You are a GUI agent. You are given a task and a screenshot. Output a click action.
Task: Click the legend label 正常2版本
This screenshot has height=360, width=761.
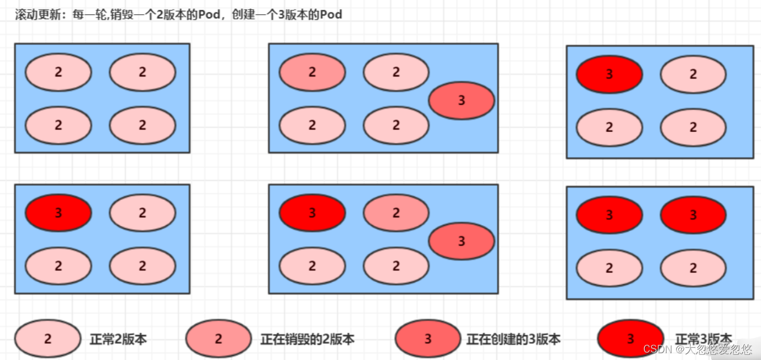(118, 339)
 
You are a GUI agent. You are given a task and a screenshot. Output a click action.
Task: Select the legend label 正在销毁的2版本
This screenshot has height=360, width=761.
(307, 339)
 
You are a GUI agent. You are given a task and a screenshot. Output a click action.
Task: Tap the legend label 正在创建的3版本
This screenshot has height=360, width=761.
(513, 339)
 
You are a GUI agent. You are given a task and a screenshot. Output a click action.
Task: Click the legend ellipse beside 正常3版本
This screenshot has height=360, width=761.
(630, 339)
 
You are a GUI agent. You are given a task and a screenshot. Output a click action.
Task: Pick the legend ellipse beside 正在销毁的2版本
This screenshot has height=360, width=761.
(218, 339)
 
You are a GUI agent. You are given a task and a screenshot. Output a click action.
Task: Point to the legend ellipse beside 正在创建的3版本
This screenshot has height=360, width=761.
(428, 339)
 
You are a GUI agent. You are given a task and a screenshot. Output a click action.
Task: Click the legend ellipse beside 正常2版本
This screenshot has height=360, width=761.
(48, 339)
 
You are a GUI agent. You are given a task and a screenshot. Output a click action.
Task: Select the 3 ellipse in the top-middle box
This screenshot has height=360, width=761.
(461, 100)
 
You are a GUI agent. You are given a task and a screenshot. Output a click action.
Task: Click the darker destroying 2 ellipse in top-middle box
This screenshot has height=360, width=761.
(312, 72)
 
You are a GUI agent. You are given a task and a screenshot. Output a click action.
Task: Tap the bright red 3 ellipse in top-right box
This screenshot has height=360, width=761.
(609, 74)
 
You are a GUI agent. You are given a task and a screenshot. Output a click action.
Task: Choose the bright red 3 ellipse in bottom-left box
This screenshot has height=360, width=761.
(58, 213)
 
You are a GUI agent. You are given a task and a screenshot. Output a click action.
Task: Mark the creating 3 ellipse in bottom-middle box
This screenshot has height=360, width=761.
(461, 241)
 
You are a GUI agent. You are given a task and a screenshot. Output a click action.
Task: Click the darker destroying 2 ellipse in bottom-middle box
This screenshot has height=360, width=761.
(396, 213)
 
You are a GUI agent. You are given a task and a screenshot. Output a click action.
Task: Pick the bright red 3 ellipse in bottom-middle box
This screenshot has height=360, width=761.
(312, 213)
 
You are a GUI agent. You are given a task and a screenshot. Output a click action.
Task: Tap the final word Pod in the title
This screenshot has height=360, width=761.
(331, 15)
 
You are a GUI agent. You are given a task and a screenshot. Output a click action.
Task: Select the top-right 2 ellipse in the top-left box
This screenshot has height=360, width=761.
(142, 72)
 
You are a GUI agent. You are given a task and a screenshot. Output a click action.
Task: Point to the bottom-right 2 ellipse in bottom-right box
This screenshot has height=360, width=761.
(693, 268)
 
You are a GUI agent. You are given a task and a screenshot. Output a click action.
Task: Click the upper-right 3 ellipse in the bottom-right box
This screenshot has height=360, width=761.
(693, 215)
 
